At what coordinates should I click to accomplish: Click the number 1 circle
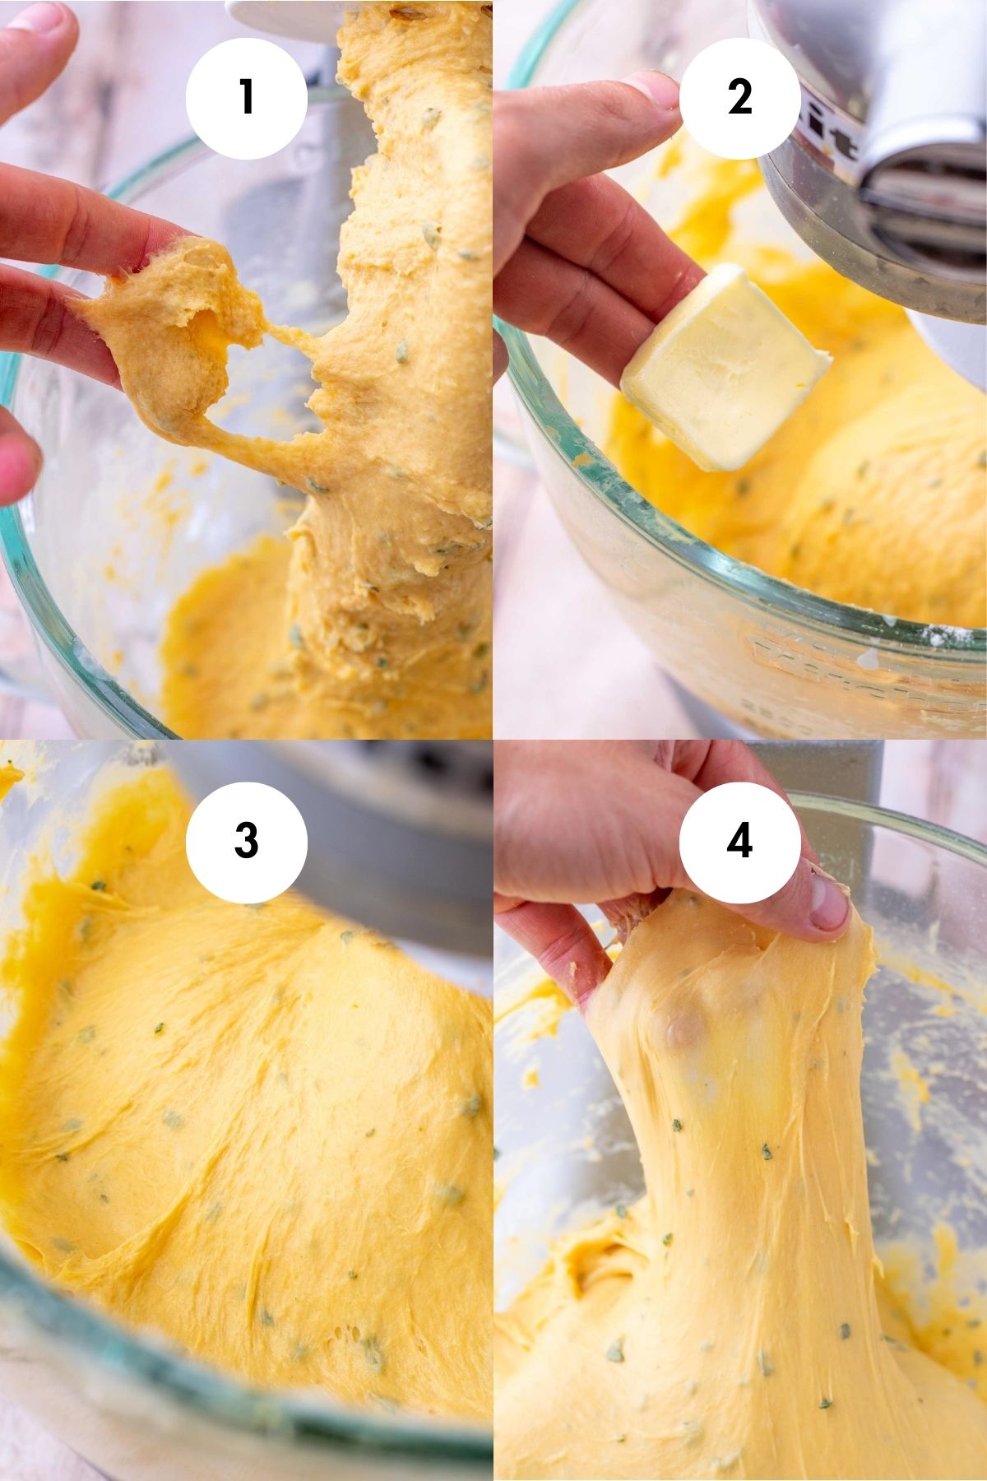pyautogui.click(x=246, y=97)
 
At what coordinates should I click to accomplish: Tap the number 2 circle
pyautogui.click(x=739, y=97)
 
